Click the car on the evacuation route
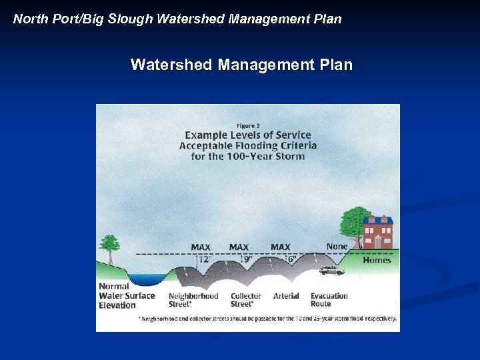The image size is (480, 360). (x=331, y=271)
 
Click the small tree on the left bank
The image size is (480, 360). (x=109, y=247)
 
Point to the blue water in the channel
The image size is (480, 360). (x=148, y=279)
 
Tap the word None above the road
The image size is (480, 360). (x=337, y=247)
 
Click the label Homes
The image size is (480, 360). (x=377, y=260)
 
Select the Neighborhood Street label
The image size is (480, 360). (x=193, y=299)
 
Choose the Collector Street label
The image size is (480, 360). (x=246, y=299)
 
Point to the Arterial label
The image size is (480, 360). (x=286, y=295)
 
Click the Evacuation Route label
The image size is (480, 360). (x=329, y=299)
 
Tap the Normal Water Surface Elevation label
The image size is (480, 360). (x=127, y=295)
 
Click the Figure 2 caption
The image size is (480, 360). (x=248, y=125)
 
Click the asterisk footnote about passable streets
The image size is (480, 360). (x=267, y=319)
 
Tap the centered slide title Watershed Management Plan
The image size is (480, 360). (x=241, y=65)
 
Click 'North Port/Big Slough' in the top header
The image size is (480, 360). (x=83, y=19)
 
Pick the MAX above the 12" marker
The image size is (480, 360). (x=201, y=247)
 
